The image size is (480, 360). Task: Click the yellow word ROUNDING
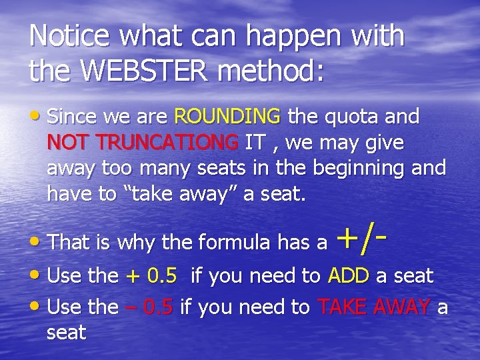[227, 117]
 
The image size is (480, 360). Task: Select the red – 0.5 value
[149, 307]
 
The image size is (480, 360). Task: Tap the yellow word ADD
[346, 275]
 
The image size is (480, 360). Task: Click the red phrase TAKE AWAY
[375, 307]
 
